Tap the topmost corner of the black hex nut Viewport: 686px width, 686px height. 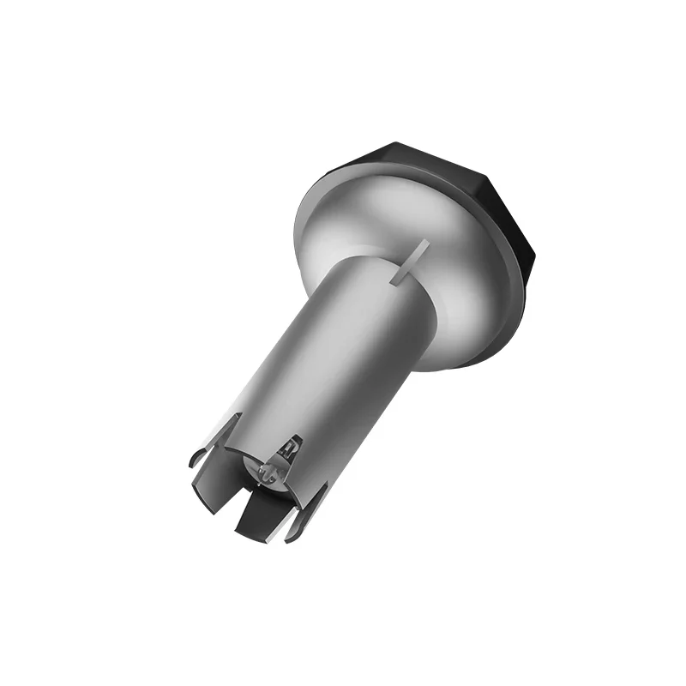(x=395, y=143)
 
